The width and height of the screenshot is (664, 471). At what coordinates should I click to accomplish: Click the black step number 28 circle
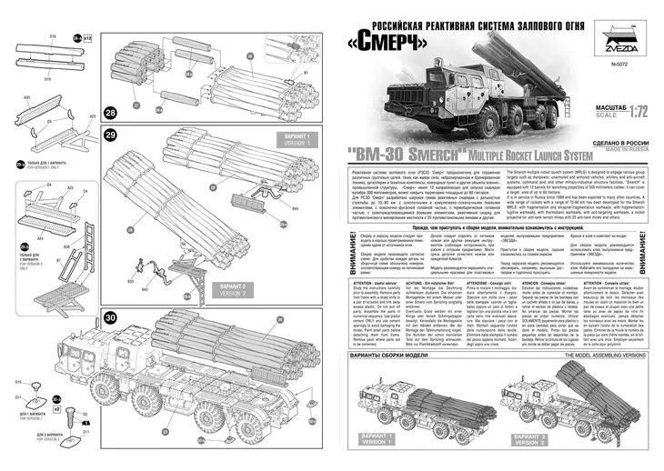(111, 114)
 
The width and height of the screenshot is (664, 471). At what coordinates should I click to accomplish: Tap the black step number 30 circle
(111, 317)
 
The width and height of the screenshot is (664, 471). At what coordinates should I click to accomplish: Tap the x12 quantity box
(87, 39)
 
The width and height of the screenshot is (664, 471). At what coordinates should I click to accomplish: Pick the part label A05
(26, 96)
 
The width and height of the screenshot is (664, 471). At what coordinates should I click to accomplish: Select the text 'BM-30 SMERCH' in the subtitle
(400, 155)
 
